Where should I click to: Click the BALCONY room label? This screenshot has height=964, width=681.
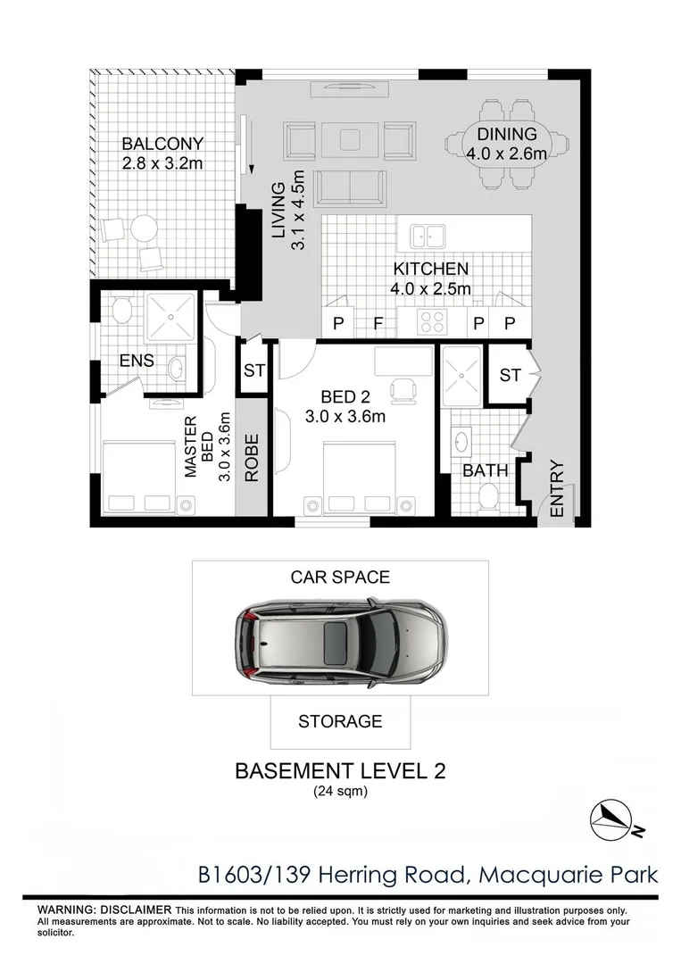pos(163,144)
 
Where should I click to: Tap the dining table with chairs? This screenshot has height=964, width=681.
pos(506,146)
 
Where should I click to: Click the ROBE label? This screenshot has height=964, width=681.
pos(252,458)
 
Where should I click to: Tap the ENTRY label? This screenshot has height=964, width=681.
pos(557,488)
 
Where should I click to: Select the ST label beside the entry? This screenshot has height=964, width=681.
pos(510,376)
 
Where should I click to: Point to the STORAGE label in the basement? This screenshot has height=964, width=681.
pos(340,721)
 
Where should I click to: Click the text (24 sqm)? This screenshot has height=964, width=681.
pos(340,792)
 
